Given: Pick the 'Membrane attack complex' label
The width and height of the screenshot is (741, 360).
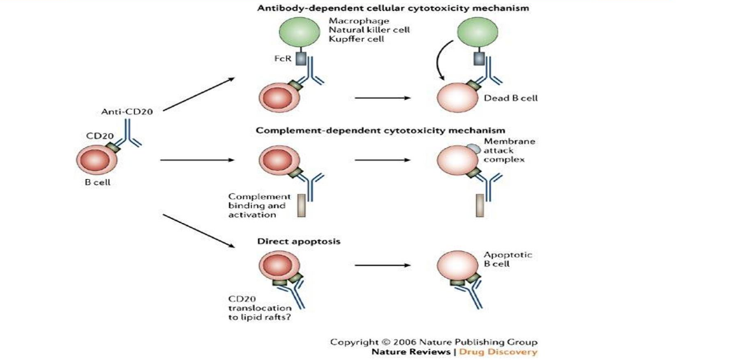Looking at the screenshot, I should coord(512,151).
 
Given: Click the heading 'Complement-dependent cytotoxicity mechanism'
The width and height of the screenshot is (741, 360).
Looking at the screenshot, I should coord(381,130).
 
